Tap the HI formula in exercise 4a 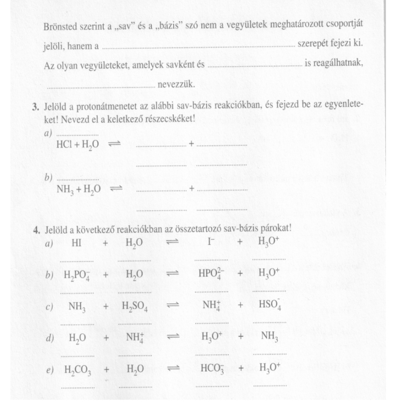[x=76, y=243]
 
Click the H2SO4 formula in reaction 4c [x=134, y=307]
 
